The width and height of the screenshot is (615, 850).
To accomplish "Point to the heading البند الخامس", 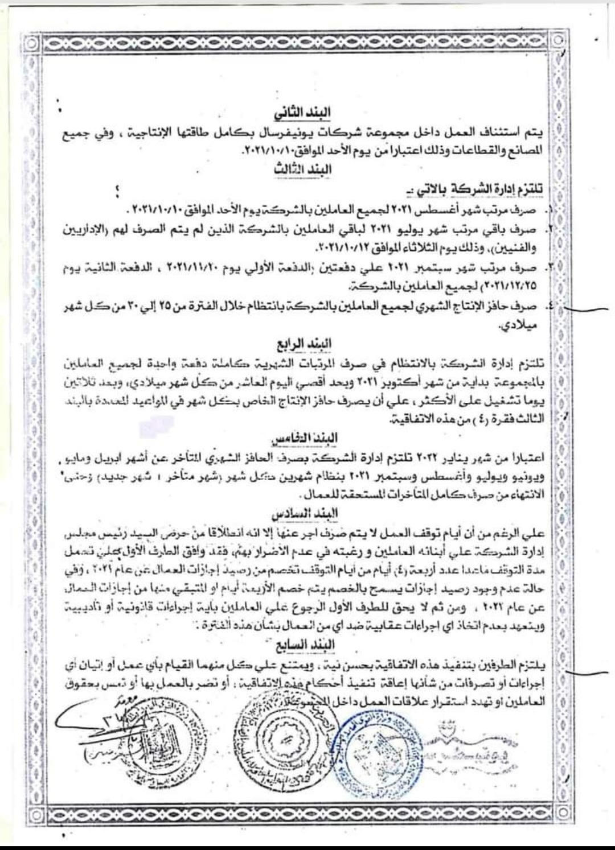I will (311, 438).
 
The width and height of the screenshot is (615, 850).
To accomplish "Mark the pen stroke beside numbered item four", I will (589, 310).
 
